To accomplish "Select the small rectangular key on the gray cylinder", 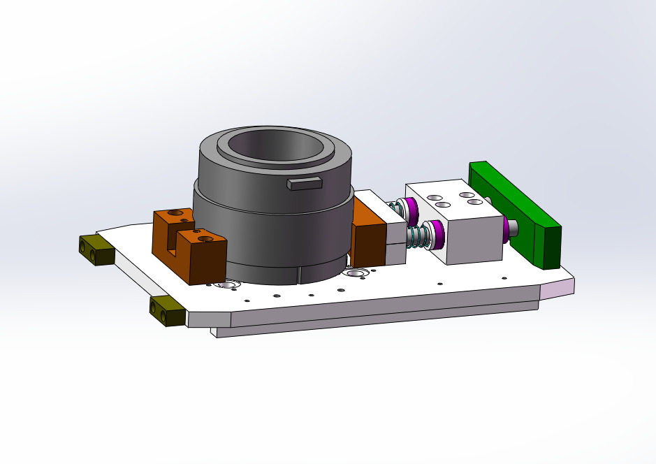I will [x=304, y=183].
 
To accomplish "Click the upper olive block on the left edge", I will [x=96, y=249].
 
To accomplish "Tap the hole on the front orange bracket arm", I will [x=205, y=239].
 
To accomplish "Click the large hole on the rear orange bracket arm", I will [x=175, y=212].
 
